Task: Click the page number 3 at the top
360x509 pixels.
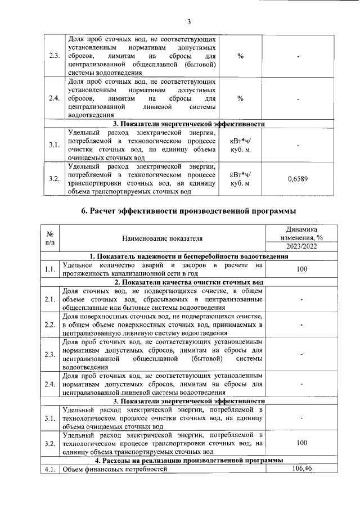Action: point(189,22)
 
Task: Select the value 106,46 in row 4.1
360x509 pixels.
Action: point(301,469)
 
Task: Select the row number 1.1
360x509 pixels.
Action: point(50,269)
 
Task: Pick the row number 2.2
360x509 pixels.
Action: point(50,325)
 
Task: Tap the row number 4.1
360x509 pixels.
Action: point(50,470)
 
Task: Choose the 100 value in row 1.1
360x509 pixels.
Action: point(301,269)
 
